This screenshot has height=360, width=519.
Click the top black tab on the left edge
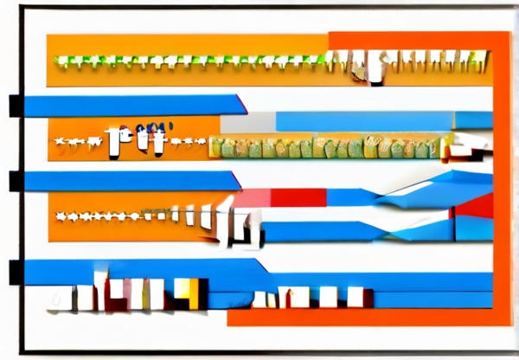(x=16, y=106)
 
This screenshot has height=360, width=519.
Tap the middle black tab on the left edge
(x=16, y=181)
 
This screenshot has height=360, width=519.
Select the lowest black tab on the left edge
(x=16, y=271)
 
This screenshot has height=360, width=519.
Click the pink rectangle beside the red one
(x=252, y=198)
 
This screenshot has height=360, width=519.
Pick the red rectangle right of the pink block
(x=298, y=197)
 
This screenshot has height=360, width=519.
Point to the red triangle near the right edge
(x=477, y=206)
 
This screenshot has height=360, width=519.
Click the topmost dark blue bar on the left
(x=130, y=105)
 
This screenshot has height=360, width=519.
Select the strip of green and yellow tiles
(x=329, y=148)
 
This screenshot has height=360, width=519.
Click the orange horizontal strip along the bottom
(x=363, y=317)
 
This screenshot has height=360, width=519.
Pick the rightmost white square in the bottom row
(x=355, y=297)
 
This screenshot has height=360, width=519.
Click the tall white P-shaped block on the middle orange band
(x=114, y=141)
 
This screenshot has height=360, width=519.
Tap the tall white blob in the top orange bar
(x=375, y=67)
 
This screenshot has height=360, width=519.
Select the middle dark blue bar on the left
(x=130, y=180)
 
